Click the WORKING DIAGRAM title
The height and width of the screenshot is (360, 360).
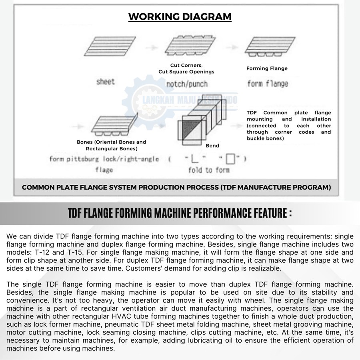click(x=180, y=17)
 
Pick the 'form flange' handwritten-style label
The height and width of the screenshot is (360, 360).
click(x=267, y=84)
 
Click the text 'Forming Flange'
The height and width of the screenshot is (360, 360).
click(x=267, y=68)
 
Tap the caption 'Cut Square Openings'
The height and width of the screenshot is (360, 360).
click(x=186, y=72)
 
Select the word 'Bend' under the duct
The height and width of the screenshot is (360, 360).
click(x=212, y=146)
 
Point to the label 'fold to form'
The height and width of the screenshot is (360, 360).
click(x=209, y=170)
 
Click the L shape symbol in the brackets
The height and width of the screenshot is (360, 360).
click(x=194, y=159)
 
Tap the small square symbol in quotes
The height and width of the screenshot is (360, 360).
click(x=230, y=159)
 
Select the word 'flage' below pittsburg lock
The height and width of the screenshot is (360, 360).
click(x=104, y=170)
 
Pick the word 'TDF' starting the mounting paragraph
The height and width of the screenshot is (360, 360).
click(x=252, y=113)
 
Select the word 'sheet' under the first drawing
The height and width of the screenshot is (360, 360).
click(x=106, y=82)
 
